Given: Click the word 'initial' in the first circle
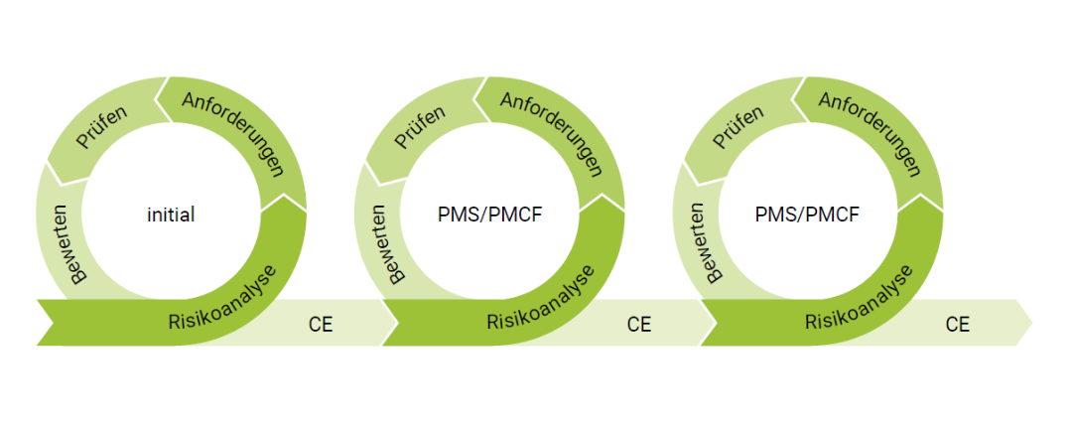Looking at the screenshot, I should click(171, 214).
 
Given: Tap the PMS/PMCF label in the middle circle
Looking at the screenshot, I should click(491, 214).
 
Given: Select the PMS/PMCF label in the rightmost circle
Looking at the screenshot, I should click(810, 214).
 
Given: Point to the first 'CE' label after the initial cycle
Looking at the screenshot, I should click(321, 324).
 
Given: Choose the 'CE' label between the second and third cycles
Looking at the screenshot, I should click(639, 324).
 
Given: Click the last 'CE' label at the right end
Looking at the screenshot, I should click(957, 324).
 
